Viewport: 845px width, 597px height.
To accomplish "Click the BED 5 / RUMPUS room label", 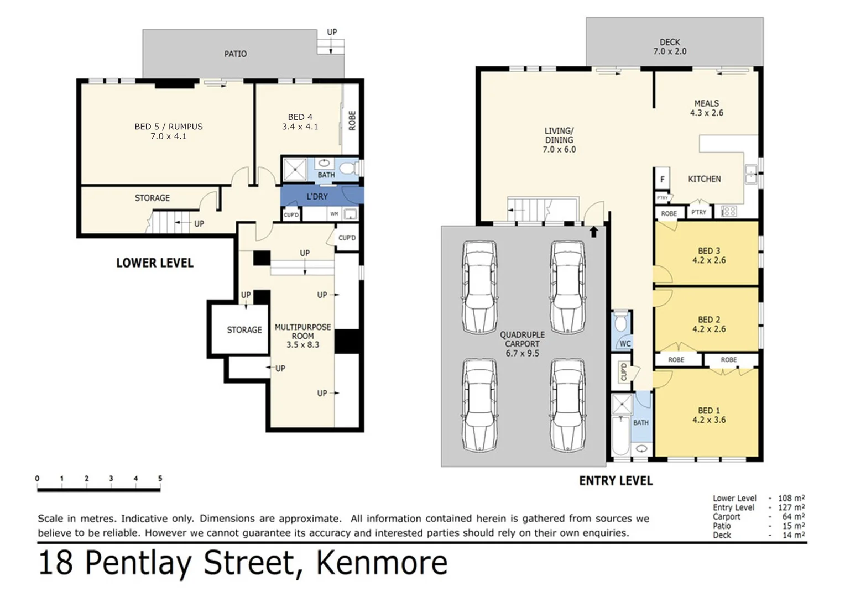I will pyautogui.click(x=168, y=131).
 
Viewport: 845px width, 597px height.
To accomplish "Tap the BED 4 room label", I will pyautogui.click(x=300, y=122).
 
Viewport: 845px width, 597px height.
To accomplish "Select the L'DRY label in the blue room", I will pyautogui.click(x=317, y=197).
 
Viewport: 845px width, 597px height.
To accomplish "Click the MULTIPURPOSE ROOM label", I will pyautogui.click(x=302, y=336).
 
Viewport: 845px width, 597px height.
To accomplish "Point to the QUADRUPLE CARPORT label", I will pyautogui.click(x=522, y=343).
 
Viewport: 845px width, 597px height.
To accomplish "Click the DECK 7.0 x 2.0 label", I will pyautogui.click(x=670, y=46).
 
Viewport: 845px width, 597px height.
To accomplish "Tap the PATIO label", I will pyautogui.click(x=236, y=54).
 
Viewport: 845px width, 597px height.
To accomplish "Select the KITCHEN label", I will pyautogui.click(x=704, y=179).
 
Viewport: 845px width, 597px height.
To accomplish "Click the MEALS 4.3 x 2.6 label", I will pyautogui.click(x=706, y=108).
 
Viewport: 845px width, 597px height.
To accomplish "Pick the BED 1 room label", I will pyautogui.click(x=708, y=415).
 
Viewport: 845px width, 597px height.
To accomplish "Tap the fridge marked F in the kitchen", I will pyautogui.click(x=663, y=179).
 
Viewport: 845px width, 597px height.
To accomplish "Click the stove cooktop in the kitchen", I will pyautogui.click(x=728, y=211).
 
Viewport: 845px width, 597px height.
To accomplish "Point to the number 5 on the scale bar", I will pyautogui.click(x=160, y=479).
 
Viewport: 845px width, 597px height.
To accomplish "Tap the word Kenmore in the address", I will pyautogui.click(x=381, y=563).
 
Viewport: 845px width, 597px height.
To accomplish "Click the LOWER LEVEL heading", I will pyautogui.click(x=155, y=263).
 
